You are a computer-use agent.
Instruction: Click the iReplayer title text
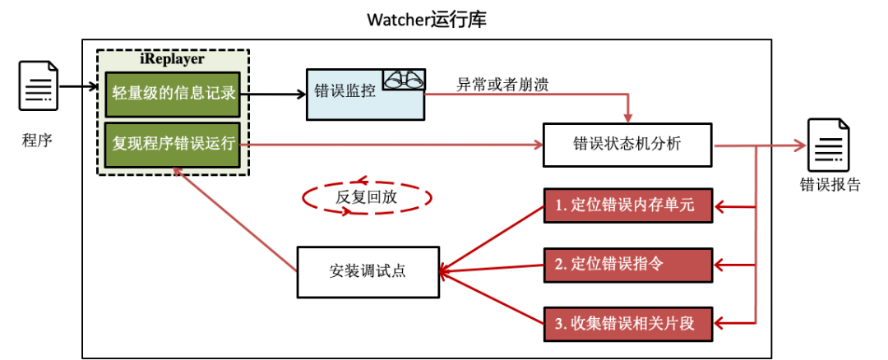[173, 59]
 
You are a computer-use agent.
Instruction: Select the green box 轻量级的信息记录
[173, 93]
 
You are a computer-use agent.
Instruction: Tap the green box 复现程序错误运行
[173, 143]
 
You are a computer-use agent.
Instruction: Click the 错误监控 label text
[345, 91]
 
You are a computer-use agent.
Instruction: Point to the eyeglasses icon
[403, 80]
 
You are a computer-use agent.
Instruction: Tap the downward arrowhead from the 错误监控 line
[628, 118]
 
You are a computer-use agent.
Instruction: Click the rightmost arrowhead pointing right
[800, 145]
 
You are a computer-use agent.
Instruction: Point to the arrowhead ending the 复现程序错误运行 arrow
[538, 145]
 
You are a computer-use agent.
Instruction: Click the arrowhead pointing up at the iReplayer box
[177, 173]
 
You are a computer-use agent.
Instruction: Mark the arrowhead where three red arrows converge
[445, 273]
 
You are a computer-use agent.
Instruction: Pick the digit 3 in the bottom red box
[557, 324]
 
